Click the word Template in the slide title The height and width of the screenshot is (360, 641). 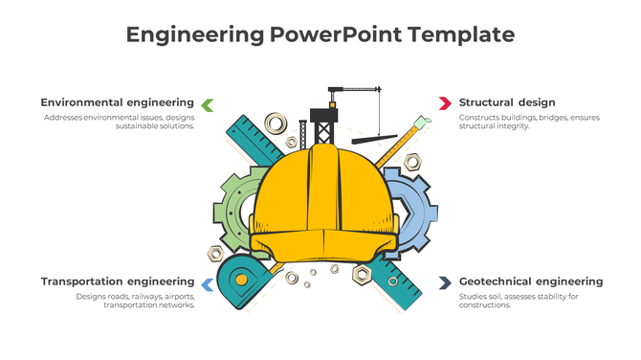pos(461,35)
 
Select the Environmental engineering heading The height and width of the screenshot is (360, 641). pos(117,102)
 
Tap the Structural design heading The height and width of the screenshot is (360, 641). pos(507,102)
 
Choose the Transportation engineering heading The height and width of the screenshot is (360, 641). pos(117,281)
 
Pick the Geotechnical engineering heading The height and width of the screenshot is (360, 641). pos(531,281)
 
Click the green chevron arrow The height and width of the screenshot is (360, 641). pos(208,103)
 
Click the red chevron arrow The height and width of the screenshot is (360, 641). pos(445,102)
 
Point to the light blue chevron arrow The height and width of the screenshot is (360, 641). pos(207,283)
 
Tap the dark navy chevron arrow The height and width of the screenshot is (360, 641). pos(445,282)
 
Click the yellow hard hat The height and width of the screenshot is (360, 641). pos(322,206)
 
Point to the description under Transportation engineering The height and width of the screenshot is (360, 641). pos(136,301)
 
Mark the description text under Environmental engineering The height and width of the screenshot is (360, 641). pos(120,122)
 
